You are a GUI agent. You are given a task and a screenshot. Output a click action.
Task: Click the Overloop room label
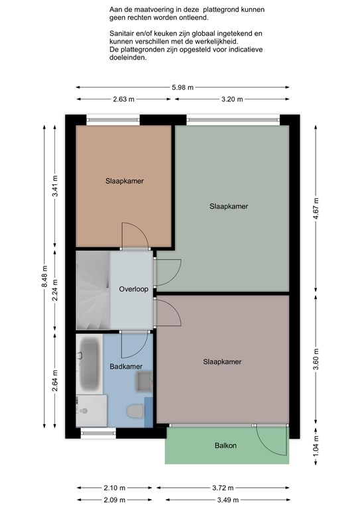[133, 289]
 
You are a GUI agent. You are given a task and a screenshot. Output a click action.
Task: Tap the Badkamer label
[126, 367]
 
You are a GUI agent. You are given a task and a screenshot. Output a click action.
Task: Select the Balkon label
[225, 445]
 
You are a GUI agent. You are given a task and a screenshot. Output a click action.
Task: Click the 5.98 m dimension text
[183, 87]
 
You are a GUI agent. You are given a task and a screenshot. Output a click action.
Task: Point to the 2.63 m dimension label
[124, 99]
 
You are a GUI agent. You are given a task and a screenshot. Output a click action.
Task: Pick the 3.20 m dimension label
[232, 99]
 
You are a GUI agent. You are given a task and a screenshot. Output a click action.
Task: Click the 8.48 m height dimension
[44, 276]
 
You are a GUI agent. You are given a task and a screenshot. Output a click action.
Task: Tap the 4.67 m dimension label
[316, 208]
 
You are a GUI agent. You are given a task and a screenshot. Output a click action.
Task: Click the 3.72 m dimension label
[223, 488]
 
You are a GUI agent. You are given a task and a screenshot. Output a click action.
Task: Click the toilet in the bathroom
[135, 412]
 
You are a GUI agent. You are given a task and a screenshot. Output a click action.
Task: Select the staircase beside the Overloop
[93, 290]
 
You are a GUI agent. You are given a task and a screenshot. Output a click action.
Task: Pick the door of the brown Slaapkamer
[135, 236]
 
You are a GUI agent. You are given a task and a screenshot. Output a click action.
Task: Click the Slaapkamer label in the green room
[229, 206]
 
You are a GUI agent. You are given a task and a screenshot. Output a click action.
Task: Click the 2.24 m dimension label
[55, 290]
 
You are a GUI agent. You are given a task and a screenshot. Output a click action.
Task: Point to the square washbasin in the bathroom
[144, 381]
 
